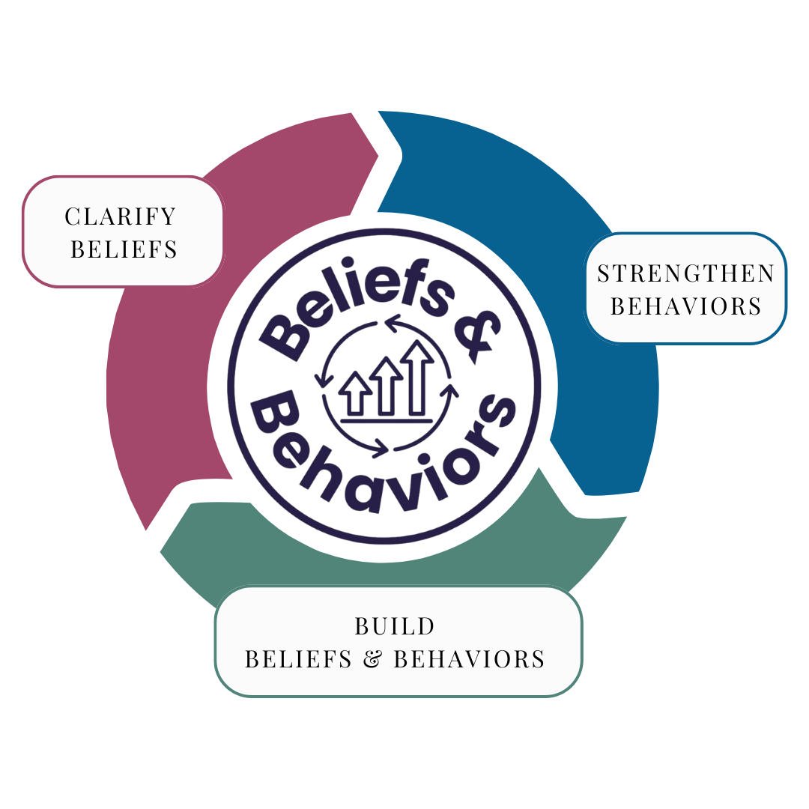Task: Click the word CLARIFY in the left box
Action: click(x=121, y=216)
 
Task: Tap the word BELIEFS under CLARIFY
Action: click(x=124, y=249)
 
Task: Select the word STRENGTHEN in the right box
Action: click(x=685, y=273)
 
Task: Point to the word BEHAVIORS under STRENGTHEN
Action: click(x=685, y=306)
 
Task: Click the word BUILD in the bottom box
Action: click(x=395, y=625)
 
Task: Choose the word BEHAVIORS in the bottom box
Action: click(x=469, y=659)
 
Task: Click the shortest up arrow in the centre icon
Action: click(x=355, y=393)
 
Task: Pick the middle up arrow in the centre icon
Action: click(x=387, y=386)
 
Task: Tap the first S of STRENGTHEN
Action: click(x=604, y=273)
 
